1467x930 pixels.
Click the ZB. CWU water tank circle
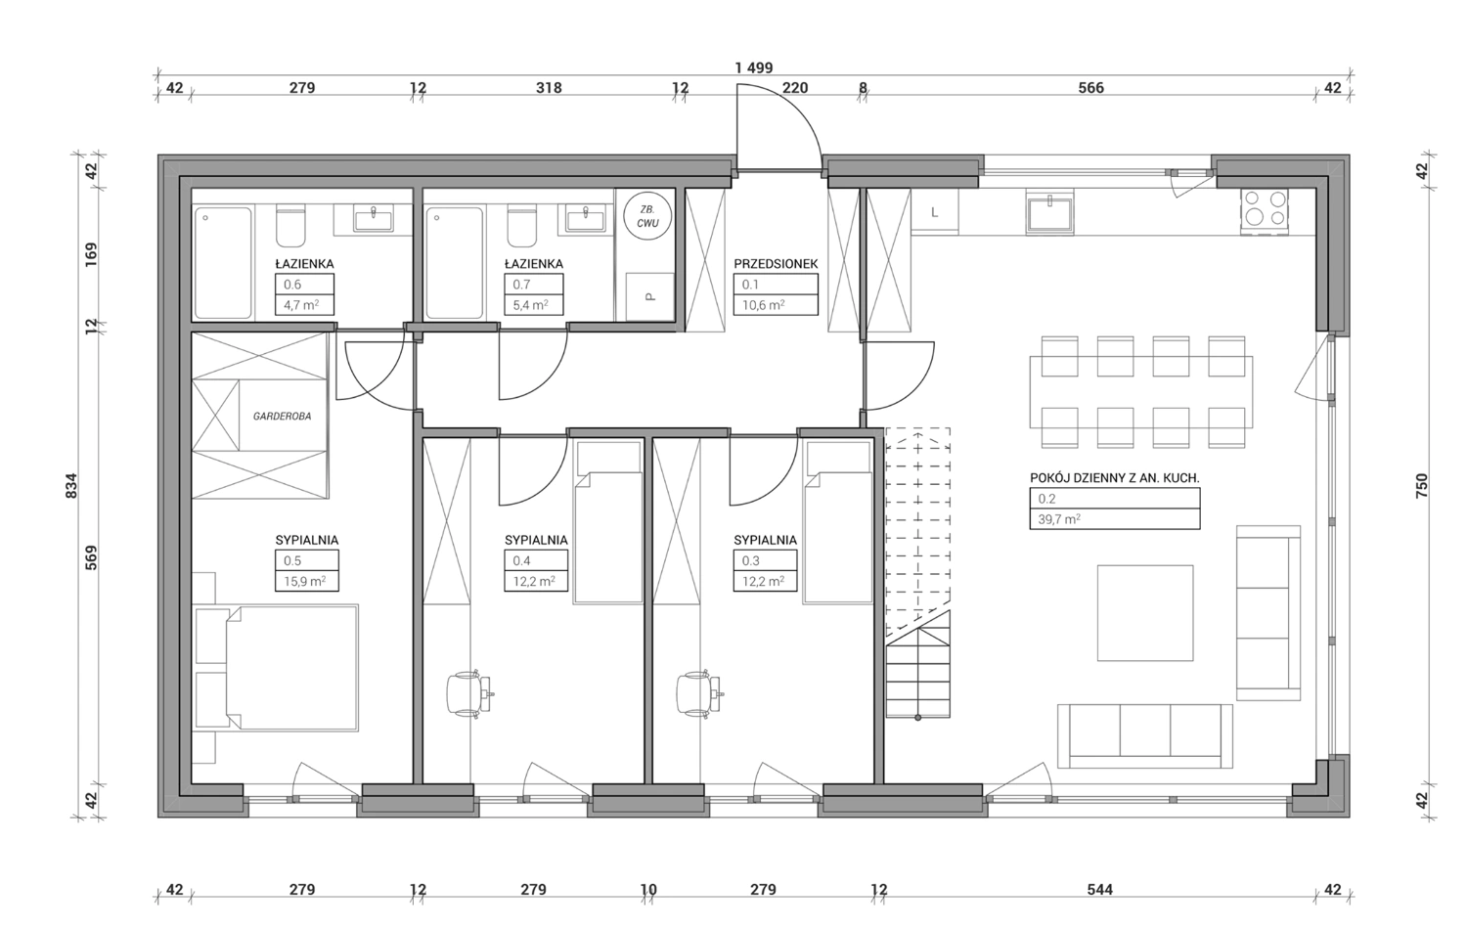[647, 216]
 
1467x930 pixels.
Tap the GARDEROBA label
[283, 416]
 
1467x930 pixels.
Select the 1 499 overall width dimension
[754, 67]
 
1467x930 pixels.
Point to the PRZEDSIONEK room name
[776, 264]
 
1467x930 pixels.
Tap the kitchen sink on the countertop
[1049, 213]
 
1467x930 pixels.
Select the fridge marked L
[935, 211]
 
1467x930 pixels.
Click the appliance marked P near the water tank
[649, 296]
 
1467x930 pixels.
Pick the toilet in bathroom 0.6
[290, 225]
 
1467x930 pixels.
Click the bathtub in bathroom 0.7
[455, 263]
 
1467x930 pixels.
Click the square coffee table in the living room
[1145, 613]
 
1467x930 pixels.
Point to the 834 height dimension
[72, 486]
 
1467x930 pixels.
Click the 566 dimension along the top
[1091, 88]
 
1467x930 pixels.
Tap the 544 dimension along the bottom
[1099, 889]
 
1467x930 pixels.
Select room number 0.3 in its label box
[750, 560]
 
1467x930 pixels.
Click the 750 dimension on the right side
[1421, 486]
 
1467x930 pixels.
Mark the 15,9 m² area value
[305, 581]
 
